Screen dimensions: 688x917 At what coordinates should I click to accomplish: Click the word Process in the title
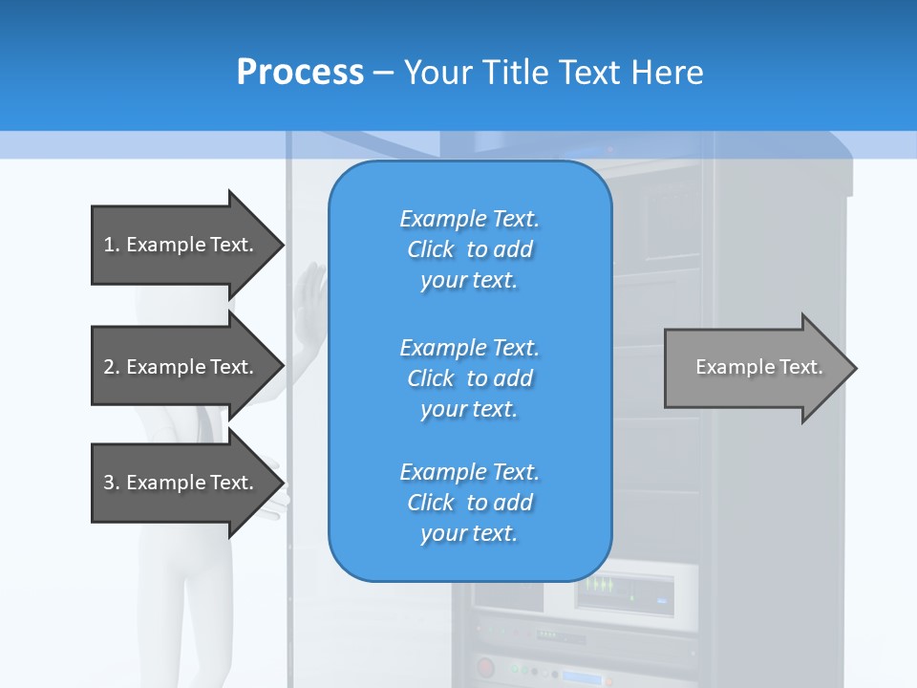point(300,73)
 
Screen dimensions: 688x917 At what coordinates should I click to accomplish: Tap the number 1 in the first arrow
point(109,245)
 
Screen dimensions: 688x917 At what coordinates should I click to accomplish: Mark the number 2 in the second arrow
point(109,367)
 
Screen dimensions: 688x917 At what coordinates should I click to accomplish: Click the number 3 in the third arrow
point(109,483)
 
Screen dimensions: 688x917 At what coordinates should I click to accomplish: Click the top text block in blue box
point(469,249)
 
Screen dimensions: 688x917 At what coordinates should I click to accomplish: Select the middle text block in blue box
point(469,378)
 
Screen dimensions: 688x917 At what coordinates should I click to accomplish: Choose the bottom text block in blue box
point(469,503)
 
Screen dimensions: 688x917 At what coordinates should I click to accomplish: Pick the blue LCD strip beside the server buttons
point(582,677)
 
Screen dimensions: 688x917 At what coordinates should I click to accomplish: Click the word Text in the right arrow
point(801,367)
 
